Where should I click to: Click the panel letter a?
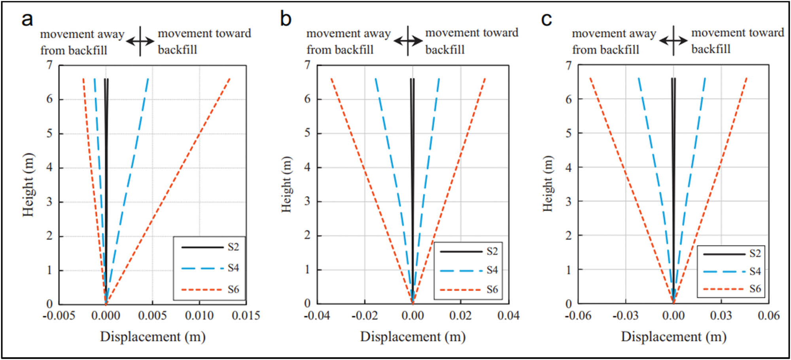pyautogui.click(x=27, y=19)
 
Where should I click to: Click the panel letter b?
pyautogui.click(x=286, y=19)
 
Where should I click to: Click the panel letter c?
pyautogui.click(x=546, y=19)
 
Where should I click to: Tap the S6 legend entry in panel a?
pyautogui.click(x=233, y=290)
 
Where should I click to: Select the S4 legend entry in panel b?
pyautogui.click(x=492, y=270)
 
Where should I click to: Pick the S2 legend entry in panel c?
pyautogui.click(x=755, y=254)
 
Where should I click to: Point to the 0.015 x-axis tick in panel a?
pyautogui.click(x=246, y=316)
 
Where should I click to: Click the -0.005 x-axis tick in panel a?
pyautogui.click(x=59, y=316)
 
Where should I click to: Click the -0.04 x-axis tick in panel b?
pyautogui.click(x=316, y=316)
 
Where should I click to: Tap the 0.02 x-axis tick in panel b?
pyautogui.click(x=460, y=316)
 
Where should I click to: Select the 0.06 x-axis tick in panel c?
pyautogui.click(x=768, y=316)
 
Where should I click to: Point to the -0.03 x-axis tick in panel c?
pyautogui.click(x=625, y=316)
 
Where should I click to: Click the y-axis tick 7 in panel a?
pyautogui.click(x=49, y=65)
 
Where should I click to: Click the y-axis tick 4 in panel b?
pyautogui.click(x=307, y=167)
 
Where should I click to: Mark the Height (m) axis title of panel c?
pyautogui.click(x=547, y=184)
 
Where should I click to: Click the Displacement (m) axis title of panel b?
pyautogui.click(x=413, y=337)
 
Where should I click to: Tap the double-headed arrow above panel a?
pyautogui.click(x=140, y=41)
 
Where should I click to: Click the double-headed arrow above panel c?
pyautogui.click(x=673, y=40)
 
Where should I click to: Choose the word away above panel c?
pyautogui.click(x=642, y=34)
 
